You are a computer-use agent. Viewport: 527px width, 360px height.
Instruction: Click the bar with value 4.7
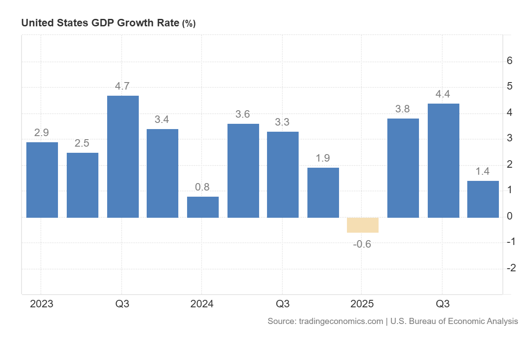(123, 156)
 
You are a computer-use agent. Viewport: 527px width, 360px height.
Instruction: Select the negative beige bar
(362, 225)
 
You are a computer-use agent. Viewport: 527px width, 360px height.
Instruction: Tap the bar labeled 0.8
(202, 207)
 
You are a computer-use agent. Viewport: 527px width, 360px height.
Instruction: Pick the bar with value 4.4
(443, 160)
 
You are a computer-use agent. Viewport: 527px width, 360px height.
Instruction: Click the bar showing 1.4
(483, 199)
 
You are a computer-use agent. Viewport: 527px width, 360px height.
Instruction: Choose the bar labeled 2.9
(42, 180)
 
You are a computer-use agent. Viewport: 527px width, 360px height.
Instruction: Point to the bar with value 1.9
(323, 192)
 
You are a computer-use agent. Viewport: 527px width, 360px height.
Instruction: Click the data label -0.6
(362, 244)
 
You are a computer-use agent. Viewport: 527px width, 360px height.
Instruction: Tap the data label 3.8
(402, 109)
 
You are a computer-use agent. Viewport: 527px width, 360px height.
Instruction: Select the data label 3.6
(242, 114)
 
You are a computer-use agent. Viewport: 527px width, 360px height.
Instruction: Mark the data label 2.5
(82, 143)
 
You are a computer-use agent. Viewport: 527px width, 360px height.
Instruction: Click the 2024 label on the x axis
(202, 304)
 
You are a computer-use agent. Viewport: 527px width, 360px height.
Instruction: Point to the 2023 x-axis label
(41, 304)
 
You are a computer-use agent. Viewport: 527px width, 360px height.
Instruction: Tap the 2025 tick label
(362, 304)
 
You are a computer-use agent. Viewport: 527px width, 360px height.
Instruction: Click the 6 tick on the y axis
(509, 61)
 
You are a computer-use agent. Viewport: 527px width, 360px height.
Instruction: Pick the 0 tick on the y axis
(509, 216)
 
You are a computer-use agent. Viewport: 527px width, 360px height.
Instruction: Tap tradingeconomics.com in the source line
(341, 321)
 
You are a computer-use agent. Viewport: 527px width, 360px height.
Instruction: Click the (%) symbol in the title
(189, 24)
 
